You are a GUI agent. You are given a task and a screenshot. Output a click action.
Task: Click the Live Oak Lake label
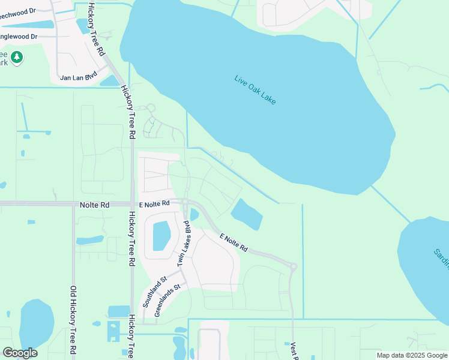[x=255, y=90]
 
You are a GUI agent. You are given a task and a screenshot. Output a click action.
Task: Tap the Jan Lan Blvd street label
[x=79, y=77]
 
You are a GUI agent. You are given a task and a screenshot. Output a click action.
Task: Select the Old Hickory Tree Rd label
[x=73, y=321]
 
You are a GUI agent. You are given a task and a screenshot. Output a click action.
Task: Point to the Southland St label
[x=154, y=292]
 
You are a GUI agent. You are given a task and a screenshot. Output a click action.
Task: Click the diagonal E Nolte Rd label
[x=234, y=242]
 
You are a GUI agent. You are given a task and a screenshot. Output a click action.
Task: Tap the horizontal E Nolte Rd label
[x=154, y=204]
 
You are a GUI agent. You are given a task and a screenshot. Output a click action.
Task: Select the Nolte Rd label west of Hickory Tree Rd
[x=94, y=205]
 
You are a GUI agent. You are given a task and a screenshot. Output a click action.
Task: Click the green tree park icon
[x=17, y=57]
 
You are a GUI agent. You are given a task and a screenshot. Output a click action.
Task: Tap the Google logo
[x=20, y=353]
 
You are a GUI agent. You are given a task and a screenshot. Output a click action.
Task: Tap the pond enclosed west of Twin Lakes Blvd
[x=161, y=235]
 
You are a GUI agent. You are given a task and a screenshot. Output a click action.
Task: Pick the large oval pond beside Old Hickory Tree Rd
[x=36, y=324]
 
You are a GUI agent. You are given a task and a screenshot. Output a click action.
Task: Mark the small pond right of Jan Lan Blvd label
[x=110, y=81]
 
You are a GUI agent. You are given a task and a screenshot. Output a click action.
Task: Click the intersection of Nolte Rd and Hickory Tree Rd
[x=131, y=204]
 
